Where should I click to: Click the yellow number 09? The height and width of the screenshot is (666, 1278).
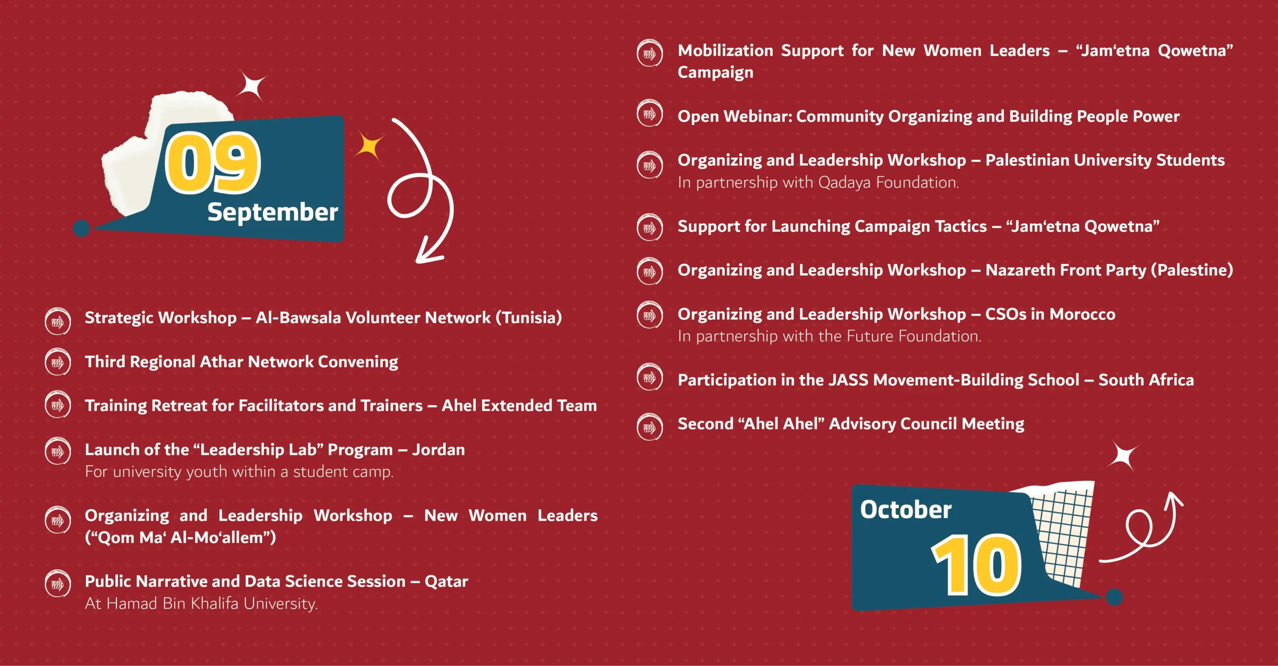click(x=213, y=163)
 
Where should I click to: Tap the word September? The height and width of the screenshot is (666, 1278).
click(x=273, y=213)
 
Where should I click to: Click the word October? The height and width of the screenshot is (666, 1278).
click(x=906, y=509)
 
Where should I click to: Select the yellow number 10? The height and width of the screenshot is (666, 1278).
click(x=976, y=565)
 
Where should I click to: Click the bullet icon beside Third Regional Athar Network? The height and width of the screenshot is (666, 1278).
click(x=58, y=362)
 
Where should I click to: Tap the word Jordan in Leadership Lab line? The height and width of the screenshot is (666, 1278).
click(x=438, y=450)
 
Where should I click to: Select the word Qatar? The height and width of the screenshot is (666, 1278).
click(x=446, y=582)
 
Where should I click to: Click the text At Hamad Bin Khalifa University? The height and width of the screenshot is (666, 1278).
click(x=201, y=604)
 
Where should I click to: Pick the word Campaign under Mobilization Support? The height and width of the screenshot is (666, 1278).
click(x=715, y=73)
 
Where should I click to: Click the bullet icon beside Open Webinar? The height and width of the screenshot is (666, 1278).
click(x=650, y=114)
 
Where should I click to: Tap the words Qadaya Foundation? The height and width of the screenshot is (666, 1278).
click(x=889, y=183)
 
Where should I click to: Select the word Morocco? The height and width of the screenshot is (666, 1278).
click(x=1082, y=315)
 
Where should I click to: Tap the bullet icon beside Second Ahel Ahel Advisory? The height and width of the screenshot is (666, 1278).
click(x=650, y=427)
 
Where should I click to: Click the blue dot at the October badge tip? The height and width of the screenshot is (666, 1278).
click(x=1114, y=597)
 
